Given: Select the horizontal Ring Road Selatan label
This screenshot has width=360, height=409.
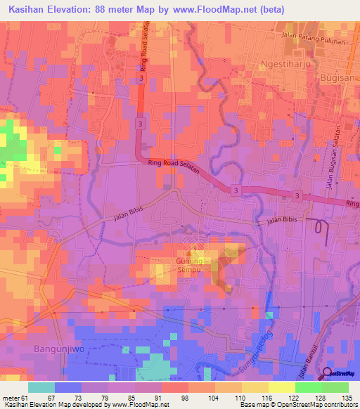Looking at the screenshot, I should click(174, 167).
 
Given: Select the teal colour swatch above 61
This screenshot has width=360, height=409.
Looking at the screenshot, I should click(41, 387).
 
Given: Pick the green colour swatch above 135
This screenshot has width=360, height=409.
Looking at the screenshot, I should click(335, 387).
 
